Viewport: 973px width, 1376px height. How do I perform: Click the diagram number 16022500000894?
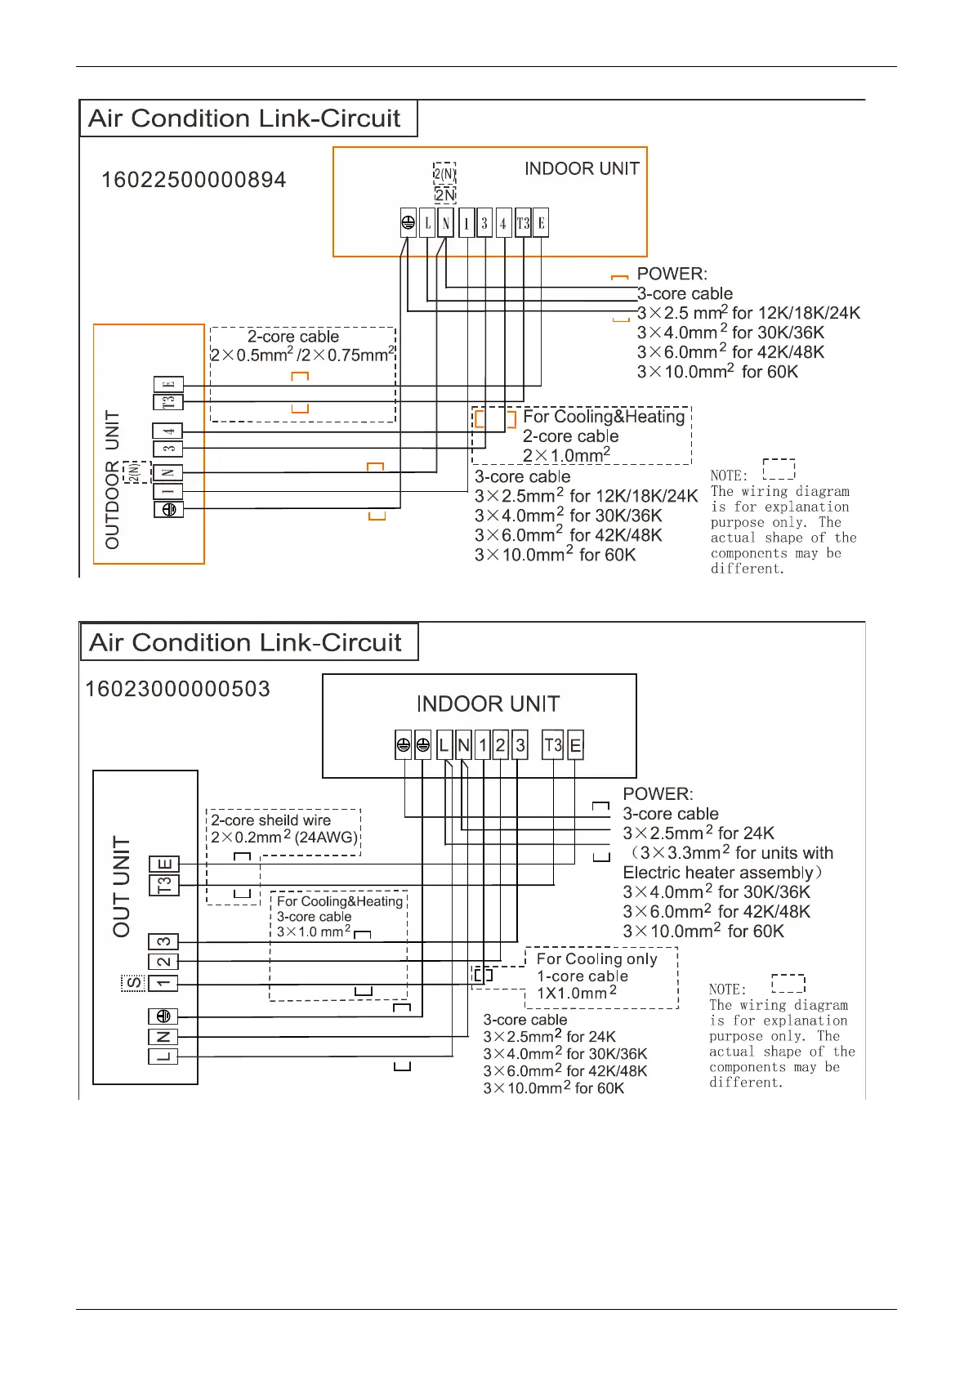click(x=194, y=180)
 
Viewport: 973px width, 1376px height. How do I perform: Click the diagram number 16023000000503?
click(x=177, y=689)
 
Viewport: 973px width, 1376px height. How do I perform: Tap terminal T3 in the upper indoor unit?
click(x=523, y=223)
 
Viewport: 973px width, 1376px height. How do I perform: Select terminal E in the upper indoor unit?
click(x=541, y=223)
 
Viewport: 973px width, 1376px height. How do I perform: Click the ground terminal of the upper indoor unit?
click(x=408, y=223)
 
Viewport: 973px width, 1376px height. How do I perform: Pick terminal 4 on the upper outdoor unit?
click(x=168, y=431)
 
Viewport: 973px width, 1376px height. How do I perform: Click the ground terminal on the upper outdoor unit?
click(x=168, y=509)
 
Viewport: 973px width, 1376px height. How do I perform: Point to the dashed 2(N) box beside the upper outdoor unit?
click(x=136, y=471)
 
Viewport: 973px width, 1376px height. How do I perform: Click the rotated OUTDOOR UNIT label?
click(x=112, y=480)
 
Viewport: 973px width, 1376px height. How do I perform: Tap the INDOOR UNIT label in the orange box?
click(x=582, y=169)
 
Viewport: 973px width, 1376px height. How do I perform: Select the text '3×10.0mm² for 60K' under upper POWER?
click(x=717, y=372)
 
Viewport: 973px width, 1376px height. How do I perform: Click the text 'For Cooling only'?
click(x=596, y=958)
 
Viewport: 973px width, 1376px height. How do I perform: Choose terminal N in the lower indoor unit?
click(x=463, y=745)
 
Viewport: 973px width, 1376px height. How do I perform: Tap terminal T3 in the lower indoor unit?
click(x=553, y=745)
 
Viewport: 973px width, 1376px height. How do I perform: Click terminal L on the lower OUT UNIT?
click(x=163, y=1057)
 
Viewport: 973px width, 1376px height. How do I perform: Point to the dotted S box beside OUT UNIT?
click(x=133, y=983)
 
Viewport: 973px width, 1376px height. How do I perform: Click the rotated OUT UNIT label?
click(x=122, y=887)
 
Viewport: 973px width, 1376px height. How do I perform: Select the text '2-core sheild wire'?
click(x=270, y=820)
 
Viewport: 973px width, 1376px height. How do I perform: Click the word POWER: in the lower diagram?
click(x=658, y=794)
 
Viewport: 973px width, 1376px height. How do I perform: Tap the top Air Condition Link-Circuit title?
click(x=244, y=118)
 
